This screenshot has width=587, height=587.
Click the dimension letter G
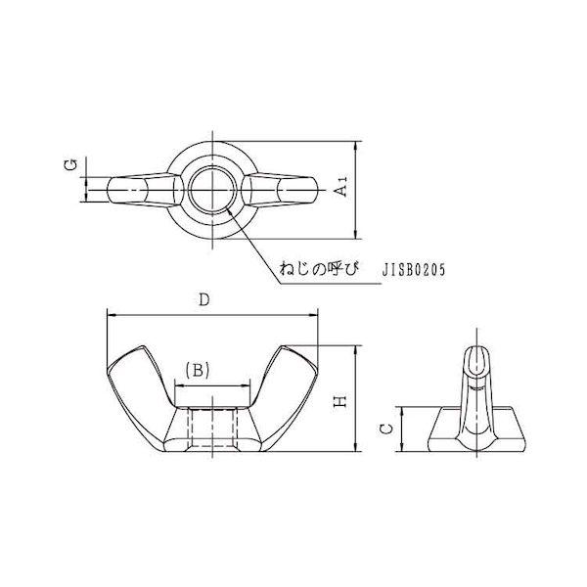[x=71, y=164]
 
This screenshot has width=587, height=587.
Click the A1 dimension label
[x=341, y=186]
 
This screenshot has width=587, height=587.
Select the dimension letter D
[x=204, y=299]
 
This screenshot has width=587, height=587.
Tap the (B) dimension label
[x=198, y=371]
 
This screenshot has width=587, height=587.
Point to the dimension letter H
[x=340, y=402]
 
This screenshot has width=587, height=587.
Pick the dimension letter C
[x=386, y=429]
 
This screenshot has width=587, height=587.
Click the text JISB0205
[x=414, y=270]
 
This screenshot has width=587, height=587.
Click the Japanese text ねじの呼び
[x=319, y=269]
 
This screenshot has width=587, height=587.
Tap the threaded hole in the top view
[x=212, y=190]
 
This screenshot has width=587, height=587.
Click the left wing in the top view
[x=144, y=190]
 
